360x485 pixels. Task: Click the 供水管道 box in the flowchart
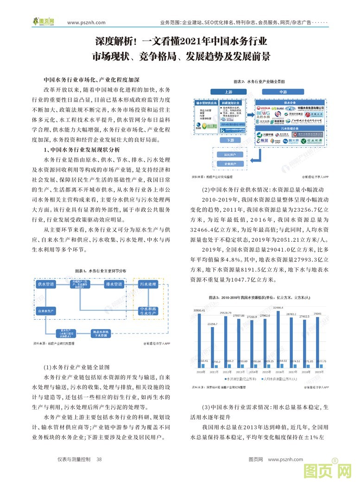pyautogui.click(x=46, y=283)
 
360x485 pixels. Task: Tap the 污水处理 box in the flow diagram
pyautogui.click(x=147, y=283)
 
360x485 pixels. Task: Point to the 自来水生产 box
pyautogui.click(x=46, y=310)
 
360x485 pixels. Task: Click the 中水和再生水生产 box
pyautogui.click(x=148, y=310)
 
